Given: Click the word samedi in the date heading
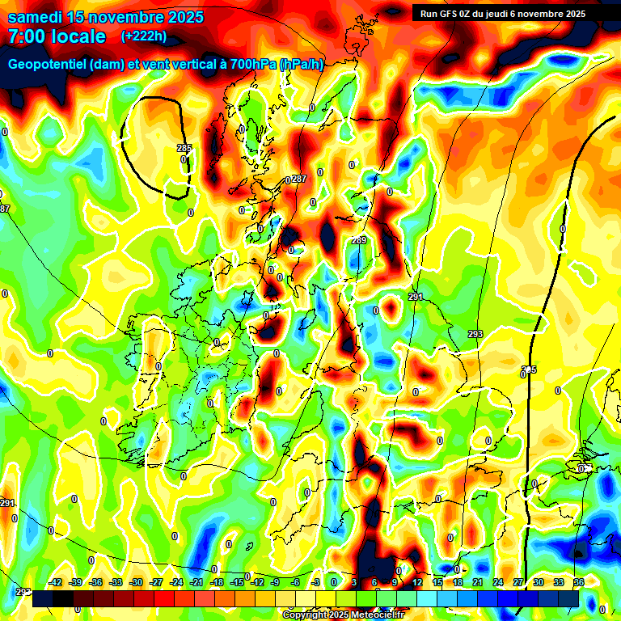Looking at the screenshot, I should pos(36,17).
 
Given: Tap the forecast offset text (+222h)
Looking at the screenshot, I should pos(144,36).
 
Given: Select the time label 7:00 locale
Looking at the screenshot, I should pos(57,36).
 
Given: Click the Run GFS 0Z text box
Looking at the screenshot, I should pos(502,13).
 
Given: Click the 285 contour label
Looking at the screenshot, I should pos(184,148).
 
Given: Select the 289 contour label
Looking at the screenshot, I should pos(360,240).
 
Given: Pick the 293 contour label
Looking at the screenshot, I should pos(475,334).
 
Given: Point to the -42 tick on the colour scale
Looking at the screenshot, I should pos(55,582).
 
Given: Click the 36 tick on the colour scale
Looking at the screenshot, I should pos(579,582).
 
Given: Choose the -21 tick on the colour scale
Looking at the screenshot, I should pos(196,582).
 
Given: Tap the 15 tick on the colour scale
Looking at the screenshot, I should pos(437,582).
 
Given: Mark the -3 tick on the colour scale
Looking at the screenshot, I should pos(316,582).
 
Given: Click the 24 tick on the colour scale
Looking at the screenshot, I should pos(498,582).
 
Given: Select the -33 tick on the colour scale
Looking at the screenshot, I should pos(116,582).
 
